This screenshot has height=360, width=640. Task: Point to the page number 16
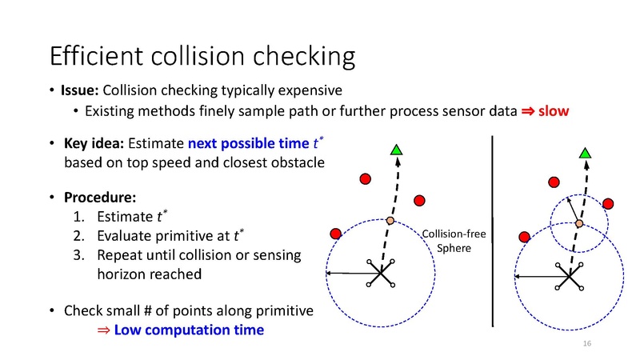click(x=587, y=343)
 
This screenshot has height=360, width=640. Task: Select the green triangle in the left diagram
click(x=396, y=150)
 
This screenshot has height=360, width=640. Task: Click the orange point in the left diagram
click(x=390, y=220)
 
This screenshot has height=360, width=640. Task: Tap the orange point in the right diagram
click(x=578, y=223)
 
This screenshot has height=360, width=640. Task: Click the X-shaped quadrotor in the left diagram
click(x=381, y=274)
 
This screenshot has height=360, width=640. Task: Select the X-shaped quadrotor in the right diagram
click(x=569, y=276)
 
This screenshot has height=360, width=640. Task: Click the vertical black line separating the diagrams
click(x=492, y=232)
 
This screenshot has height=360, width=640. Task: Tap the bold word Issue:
click(x=81, y=90)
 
